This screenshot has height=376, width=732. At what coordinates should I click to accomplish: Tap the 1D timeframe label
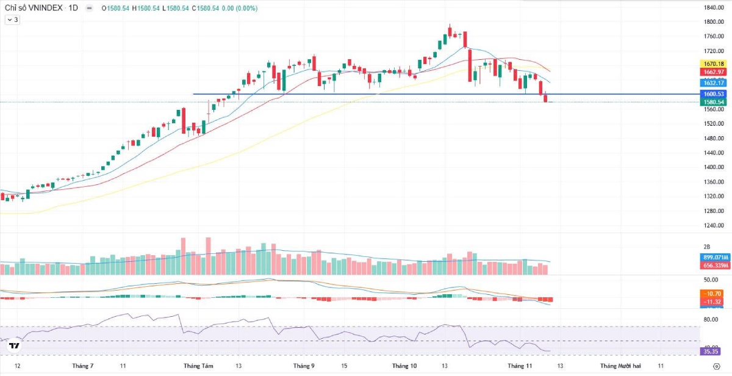pyautogui.click(x=73, y=9)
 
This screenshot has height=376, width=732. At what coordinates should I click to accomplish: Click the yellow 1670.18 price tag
pyautogui.click(x=713, y=64)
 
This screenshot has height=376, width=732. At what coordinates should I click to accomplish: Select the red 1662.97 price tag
pyautogui.click(x=713, y=72)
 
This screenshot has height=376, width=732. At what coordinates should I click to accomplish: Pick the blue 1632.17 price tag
pyautogui.click(x=713, y=83)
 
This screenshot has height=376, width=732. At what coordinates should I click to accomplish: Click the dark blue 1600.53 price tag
pyautogui.click(x=713, y=94)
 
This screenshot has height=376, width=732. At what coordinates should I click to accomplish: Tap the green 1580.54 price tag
pyautogui.click(x=713, y=102)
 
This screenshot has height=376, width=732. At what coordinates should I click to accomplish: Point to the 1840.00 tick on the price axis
pyautogui.click(x=713, y=8)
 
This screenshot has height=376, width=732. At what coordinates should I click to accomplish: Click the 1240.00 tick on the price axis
pyautogui.click(x=713, y=225)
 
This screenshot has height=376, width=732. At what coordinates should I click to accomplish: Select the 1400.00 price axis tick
pyautogui.click(x=713, y=167)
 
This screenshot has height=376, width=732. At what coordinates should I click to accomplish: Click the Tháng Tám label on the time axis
pyautogui.click(x=198, y=366)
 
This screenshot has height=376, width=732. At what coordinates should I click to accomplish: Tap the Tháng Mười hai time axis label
pyautogui.click(x=620, y=366)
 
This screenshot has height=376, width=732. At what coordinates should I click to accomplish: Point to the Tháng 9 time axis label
pyautogui.click(x=304, y=366)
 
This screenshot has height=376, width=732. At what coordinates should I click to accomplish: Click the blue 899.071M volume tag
pyautogui.click(x=713, y=258)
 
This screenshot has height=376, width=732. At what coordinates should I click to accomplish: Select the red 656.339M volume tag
pyautogui.click(x=713, y=266)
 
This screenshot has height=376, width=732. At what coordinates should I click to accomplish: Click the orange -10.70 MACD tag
pyautogui.click(x=713, y=294)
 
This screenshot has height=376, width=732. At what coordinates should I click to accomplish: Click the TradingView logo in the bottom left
pyautogui.click(x=14, y=346)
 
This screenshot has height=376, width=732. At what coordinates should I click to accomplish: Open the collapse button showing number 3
pyautogui.click(x=12, y=20)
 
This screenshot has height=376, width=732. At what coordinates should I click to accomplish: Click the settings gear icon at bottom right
pyautogui.click(x=716, y=366)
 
